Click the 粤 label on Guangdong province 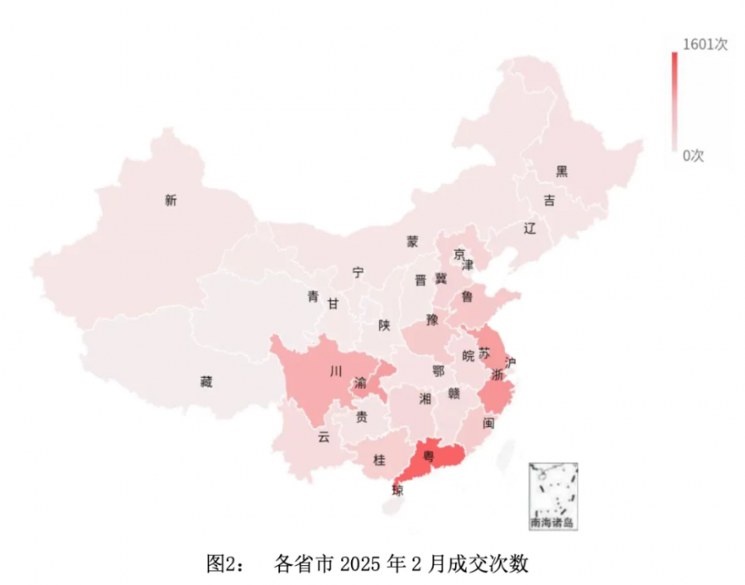428,455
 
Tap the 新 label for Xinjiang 171,200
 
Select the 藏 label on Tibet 206,382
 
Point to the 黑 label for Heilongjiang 562,172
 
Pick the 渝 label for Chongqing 361,383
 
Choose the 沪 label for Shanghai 511,362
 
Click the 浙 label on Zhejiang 497,375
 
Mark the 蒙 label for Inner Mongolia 412,241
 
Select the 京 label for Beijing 459,254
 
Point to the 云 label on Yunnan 324,438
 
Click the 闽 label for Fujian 488,423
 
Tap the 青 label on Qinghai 313,296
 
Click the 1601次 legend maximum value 704,45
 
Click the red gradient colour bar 675,99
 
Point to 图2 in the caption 222,564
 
